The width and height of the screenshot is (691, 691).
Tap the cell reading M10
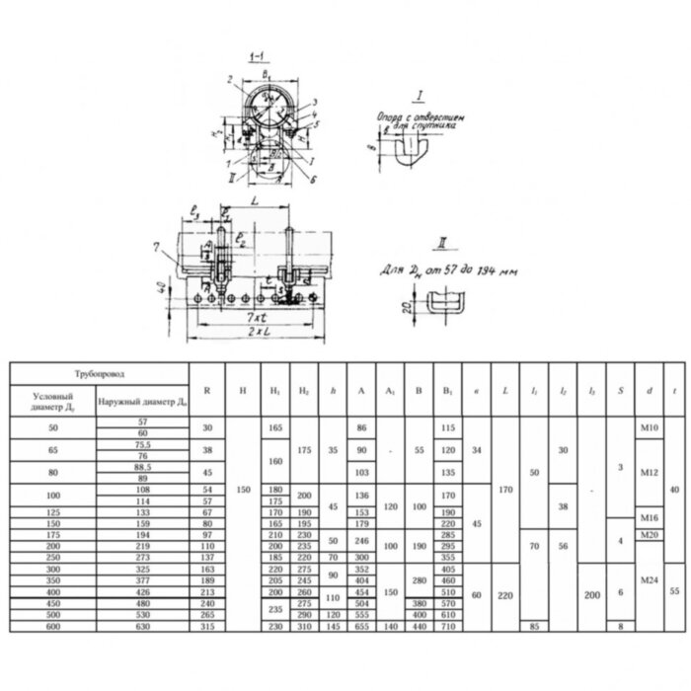[649, 425]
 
